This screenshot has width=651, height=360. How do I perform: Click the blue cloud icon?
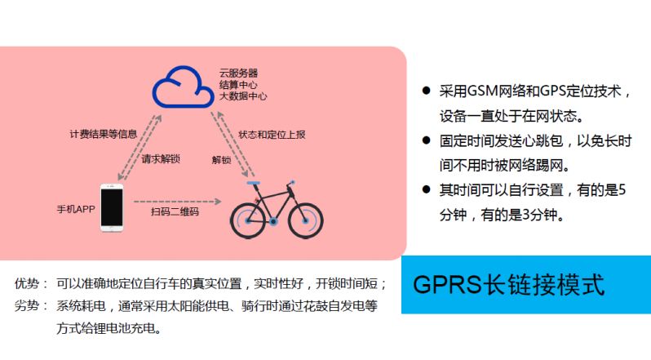coord(183,87)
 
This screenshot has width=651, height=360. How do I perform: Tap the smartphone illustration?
coord(112,207)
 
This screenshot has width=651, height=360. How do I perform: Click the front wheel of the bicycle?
coord(305,220)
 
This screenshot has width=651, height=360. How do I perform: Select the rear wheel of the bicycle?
coord(248,220)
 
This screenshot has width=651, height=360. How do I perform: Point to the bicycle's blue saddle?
coord(253,183)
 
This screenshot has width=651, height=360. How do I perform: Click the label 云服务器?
coord(238,73)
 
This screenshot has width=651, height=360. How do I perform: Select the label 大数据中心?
coord(243,96)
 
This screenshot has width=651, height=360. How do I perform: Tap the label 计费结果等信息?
coord(104,134)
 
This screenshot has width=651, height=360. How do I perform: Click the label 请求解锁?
coord(161,159)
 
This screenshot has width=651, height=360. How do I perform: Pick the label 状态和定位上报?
coord(272,135)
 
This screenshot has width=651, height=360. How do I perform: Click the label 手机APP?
coord(76,209)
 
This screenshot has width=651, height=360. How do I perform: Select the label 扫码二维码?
coord(175,211)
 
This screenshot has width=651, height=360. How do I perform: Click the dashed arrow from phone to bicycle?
coord(177,202)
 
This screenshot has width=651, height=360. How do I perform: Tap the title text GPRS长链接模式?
coord(508,285)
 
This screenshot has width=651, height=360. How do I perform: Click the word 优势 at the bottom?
coord(27,283)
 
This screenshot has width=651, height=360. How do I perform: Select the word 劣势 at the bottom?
coord(27,306)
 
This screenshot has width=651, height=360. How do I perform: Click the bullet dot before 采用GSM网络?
coord(426,90)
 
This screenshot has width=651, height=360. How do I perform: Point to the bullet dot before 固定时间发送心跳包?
coord(426,140)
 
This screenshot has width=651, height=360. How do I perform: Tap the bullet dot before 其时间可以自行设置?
coord(426,189)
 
